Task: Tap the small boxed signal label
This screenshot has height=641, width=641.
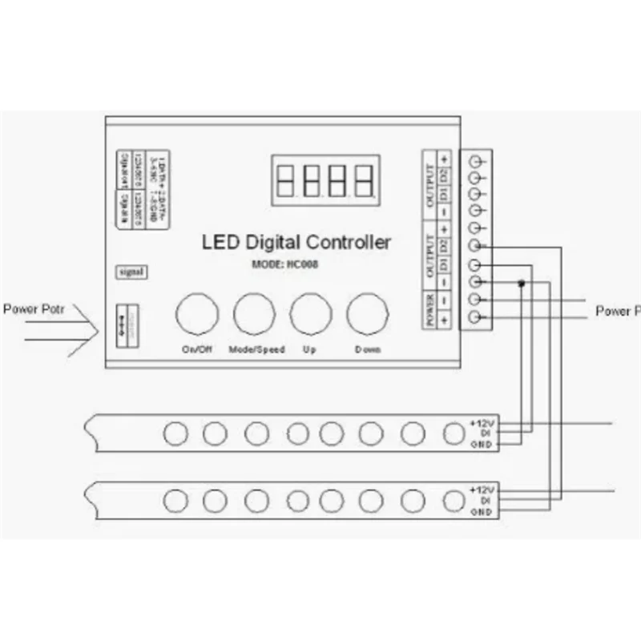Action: coord(131,272)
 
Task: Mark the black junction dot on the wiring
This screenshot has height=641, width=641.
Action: coord(522,282)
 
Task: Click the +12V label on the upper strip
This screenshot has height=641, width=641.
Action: coord(482,421)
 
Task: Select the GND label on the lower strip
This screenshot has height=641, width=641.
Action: coord(481,510)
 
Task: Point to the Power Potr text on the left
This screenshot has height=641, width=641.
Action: coord(29,308)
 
